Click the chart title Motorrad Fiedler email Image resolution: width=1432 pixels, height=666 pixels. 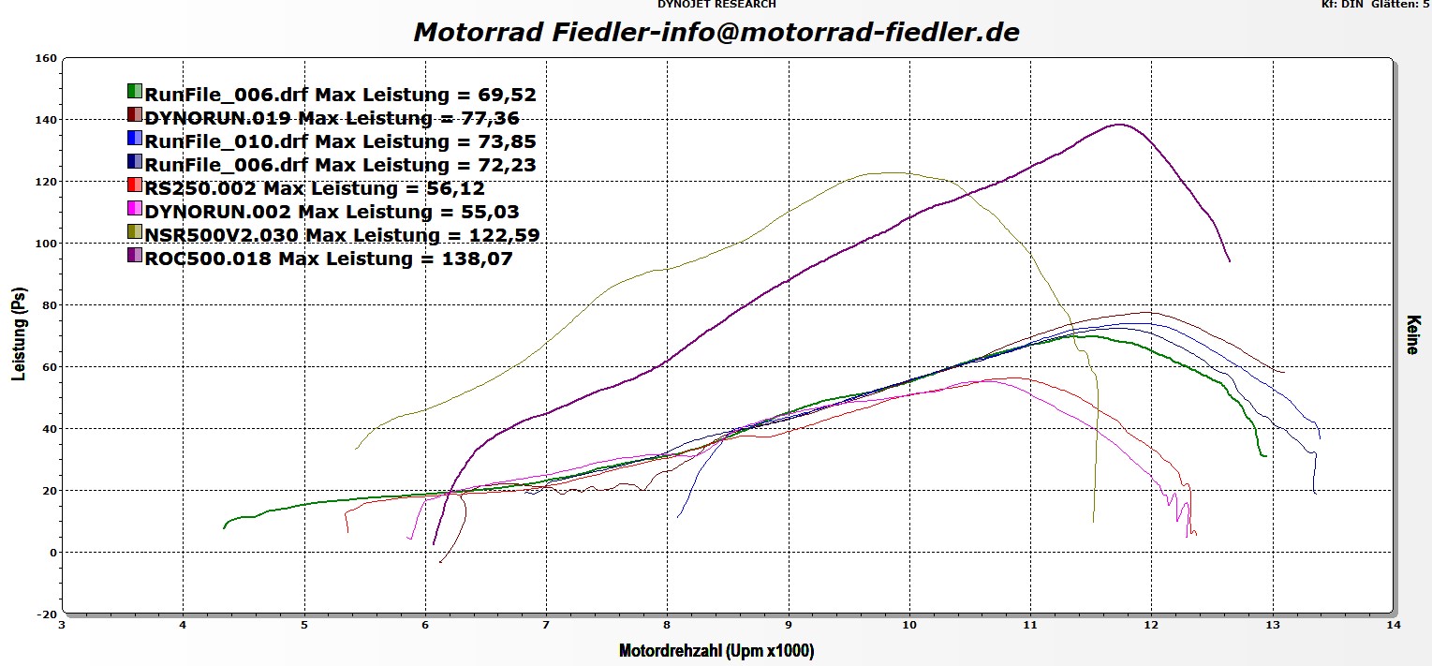(716, 32)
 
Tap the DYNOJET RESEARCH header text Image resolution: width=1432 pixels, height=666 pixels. (716, 5)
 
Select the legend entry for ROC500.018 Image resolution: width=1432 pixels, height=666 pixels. (329, 258)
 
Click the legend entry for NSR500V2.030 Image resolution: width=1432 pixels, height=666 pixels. (342, 234)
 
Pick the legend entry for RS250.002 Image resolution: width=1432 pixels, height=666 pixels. (315, 187)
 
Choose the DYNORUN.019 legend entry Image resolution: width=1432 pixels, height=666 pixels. (332, 118)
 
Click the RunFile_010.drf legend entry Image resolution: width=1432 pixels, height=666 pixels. (340, 141)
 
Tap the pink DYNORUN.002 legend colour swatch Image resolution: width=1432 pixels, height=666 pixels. (135, 211)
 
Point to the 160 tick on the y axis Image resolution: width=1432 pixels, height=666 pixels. (46, 58)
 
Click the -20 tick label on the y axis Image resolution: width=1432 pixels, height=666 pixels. (46, 614)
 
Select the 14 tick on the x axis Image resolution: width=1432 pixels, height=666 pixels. (1394, 625)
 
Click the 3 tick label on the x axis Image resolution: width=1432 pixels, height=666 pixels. (63, 625)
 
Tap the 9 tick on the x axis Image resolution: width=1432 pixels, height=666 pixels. (789, 625)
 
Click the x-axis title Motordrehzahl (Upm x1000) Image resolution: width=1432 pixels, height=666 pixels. (716, 650)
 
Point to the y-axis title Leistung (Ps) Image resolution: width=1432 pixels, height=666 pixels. (19, 337)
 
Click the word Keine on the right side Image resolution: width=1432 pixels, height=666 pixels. (1411, 334)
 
